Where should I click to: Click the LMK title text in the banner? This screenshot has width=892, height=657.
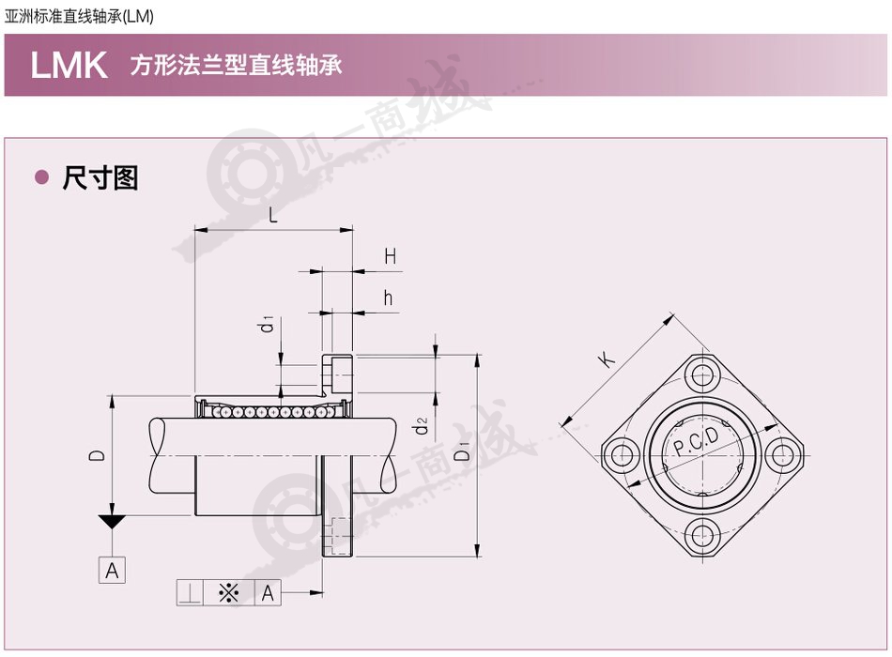click(x=69, y=65)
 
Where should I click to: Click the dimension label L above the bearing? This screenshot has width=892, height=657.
click(x=273, y=215)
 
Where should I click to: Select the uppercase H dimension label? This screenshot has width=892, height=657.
click(x=391, y=256)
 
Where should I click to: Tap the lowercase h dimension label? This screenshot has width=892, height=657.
click(x=388, y=298)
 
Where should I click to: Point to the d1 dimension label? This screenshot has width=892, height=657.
click(x=266, y=324)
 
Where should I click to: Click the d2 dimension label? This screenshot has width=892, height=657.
click(x=421, y=425)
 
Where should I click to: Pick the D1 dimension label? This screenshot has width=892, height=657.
click(x=463, y=451)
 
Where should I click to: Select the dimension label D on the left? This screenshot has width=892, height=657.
click(x=98, y=455)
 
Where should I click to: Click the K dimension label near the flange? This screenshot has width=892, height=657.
click(x=607, y=359)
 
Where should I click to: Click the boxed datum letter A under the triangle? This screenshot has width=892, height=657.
click(x=112, y=570)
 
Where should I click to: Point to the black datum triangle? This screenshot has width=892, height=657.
click(x=112, y=521)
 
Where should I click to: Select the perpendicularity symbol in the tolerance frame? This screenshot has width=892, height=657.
click(x=190, y=593)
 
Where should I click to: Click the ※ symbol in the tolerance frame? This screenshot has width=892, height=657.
click(x=229, y=593)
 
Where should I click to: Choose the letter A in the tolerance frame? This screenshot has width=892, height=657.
click(x=268, y=593)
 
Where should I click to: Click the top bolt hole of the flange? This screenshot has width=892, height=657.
click(x=703, y=375)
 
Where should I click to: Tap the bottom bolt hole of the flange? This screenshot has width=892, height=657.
click(x=703, y=535)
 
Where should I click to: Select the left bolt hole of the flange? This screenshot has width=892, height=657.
click(x=623, y=455)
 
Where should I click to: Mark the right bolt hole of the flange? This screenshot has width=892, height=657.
click(x=783, y=455)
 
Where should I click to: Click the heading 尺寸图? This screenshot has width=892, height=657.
click(x=100, y=178)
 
